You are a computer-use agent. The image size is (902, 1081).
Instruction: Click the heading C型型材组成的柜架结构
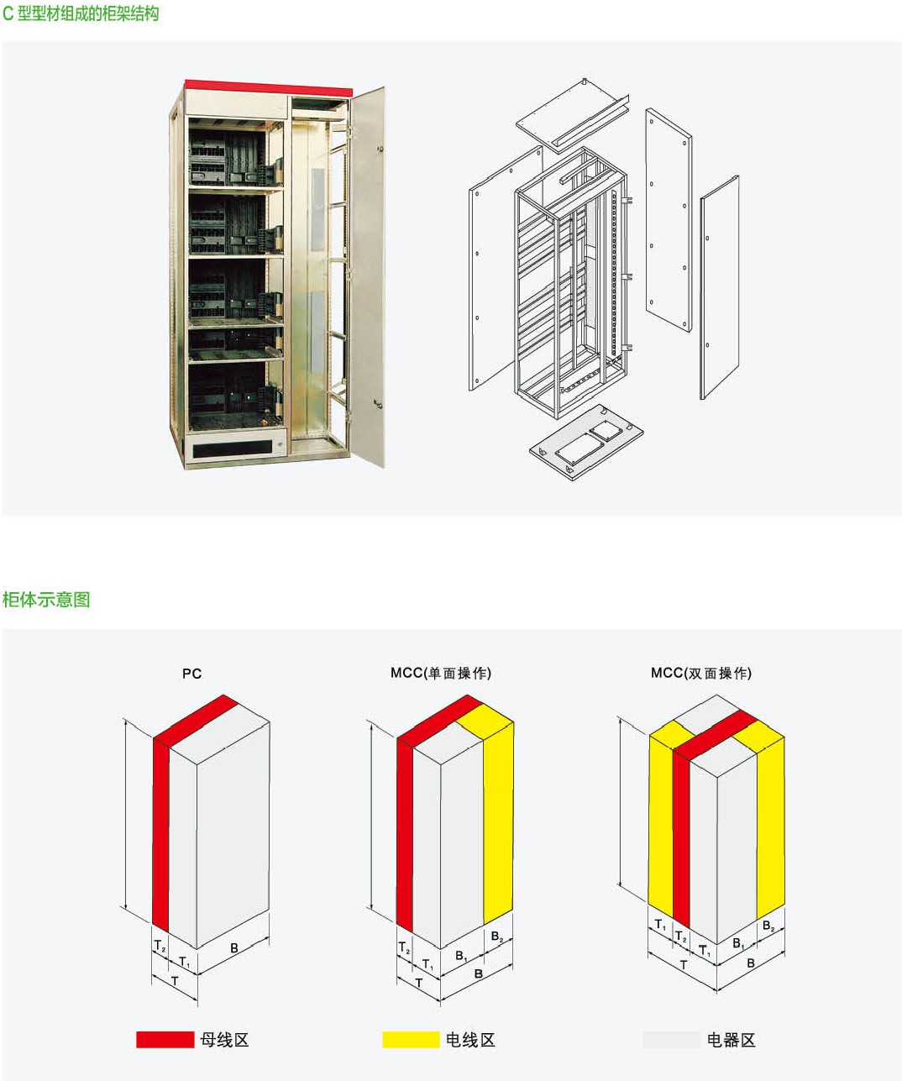click(x=81, y=14)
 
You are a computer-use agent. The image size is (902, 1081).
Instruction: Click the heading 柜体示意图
click(x=46, y=600)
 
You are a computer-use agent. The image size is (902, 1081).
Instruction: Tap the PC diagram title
click(x=191, y=674)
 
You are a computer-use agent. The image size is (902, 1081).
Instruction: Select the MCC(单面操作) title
click(x=441, y=673)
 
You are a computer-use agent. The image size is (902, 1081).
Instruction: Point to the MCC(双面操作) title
click(x=701, y=673)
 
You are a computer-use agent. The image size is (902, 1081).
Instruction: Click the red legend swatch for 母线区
click(x=165, y=1040)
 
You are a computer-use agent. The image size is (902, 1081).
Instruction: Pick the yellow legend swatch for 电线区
click(x=411, y=1040)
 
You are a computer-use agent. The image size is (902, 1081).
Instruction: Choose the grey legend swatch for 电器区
click(x=671, y=1040)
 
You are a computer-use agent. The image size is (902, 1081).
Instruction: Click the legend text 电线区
click(x=470, y=1040)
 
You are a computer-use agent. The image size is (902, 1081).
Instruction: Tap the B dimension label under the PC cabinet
click(x=234, y=947)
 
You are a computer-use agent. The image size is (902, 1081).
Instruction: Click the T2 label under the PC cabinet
click(x=159, y=946)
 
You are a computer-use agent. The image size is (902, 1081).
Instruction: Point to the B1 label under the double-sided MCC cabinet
click(x=738, y=943)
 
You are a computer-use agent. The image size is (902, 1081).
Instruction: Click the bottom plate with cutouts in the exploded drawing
click(x=585, y=442)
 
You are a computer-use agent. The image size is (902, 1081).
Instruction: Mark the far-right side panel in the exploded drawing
click(x=721, y=286)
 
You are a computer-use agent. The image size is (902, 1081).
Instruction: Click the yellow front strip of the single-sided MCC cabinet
click(x=498, y=823)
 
